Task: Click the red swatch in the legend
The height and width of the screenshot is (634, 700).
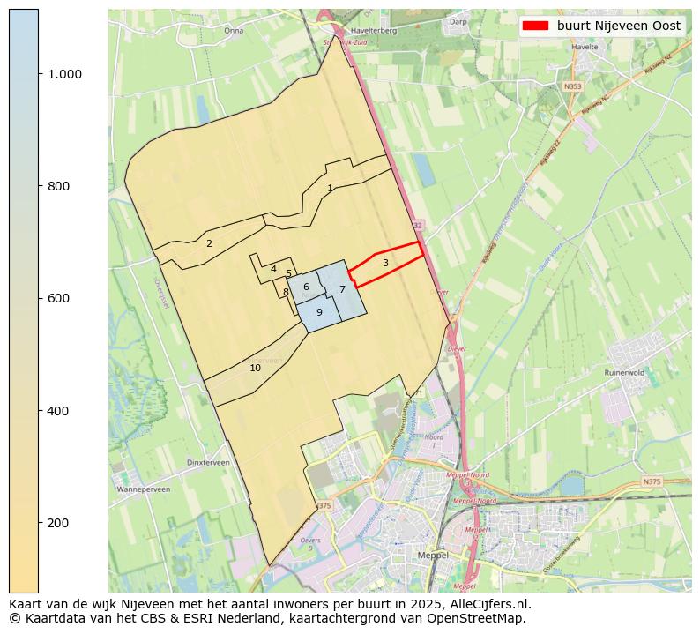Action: click(x=535, y=26)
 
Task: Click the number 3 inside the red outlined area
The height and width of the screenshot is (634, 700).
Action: click(x=385, y=263)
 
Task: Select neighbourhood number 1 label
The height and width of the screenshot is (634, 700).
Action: click(x=330, y=188)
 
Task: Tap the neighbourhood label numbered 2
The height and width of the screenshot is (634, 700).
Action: click(x=209, y=243)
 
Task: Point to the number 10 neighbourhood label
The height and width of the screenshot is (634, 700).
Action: click(x=255, y=368)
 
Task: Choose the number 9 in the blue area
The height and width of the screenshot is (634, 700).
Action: click(x=319, y=312)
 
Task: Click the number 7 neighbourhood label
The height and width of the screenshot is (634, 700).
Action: click(x=342, y=289)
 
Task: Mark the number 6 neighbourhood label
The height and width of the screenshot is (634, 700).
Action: click(x=306, y=287)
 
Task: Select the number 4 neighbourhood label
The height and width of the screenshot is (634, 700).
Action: click(x=273, y=269)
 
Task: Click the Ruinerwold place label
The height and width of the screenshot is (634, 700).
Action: click(x=625, y=372)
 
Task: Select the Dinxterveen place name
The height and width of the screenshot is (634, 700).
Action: click(x=208, y=462)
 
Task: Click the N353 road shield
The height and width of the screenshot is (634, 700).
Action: click(x=573, y=86)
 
